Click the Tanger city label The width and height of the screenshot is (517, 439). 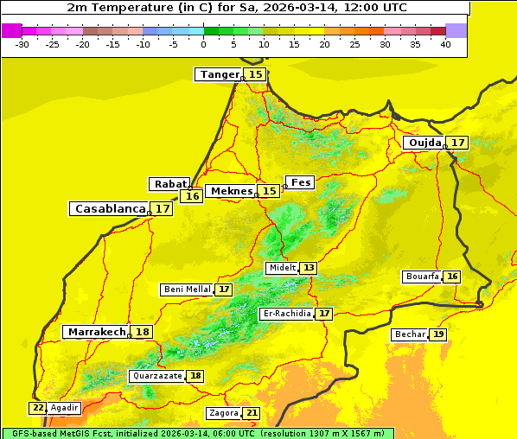[219, 74]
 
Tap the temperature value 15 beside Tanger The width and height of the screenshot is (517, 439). [256, 74]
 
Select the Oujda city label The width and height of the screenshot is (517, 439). [424, 143]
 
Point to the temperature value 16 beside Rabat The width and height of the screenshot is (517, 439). [192, 196]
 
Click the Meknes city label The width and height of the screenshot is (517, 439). [230, 191]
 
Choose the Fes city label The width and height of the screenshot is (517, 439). [300, 182]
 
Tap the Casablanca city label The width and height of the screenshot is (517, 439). [109, 209]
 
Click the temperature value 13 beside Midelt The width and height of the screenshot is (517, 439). [309, 268]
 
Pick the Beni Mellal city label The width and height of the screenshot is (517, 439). [187, 289]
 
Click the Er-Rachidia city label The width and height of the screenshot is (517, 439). [286, 314]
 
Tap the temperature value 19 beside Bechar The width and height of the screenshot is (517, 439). [439, 334]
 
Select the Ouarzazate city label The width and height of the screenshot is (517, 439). [156, 376]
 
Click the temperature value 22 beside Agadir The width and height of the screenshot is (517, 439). [38, 408]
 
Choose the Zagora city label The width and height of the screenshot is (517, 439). [224, 413]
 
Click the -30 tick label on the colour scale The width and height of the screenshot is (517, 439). [23, 44]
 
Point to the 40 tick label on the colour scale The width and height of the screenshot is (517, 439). [445, 44]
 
